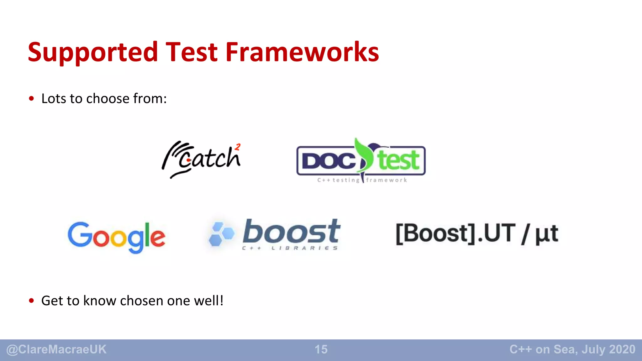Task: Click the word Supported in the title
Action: click(93, 52)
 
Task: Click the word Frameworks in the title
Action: click(302, 52)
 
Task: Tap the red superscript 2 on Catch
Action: click(238, 147)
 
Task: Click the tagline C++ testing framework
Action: click(362, 180)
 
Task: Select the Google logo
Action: click(116, 237)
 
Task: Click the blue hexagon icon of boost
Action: click(221, 234)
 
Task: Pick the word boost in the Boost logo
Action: click(292, 232)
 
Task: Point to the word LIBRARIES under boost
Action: click(304, 248)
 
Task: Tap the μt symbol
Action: click(546, 234)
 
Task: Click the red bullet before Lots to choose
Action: click(31, 99)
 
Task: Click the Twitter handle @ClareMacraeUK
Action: click(56, 349)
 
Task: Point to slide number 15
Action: click(321, 349)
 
